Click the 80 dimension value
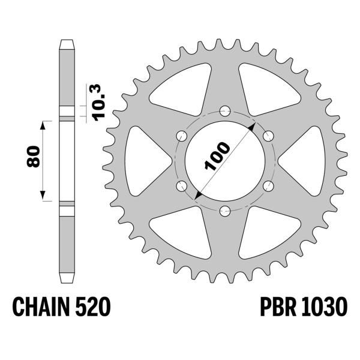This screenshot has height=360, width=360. point(34,157)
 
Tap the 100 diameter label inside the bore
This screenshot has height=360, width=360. point(217,158)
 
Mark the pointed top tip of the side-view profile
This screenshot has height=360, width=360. point(67,41)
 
